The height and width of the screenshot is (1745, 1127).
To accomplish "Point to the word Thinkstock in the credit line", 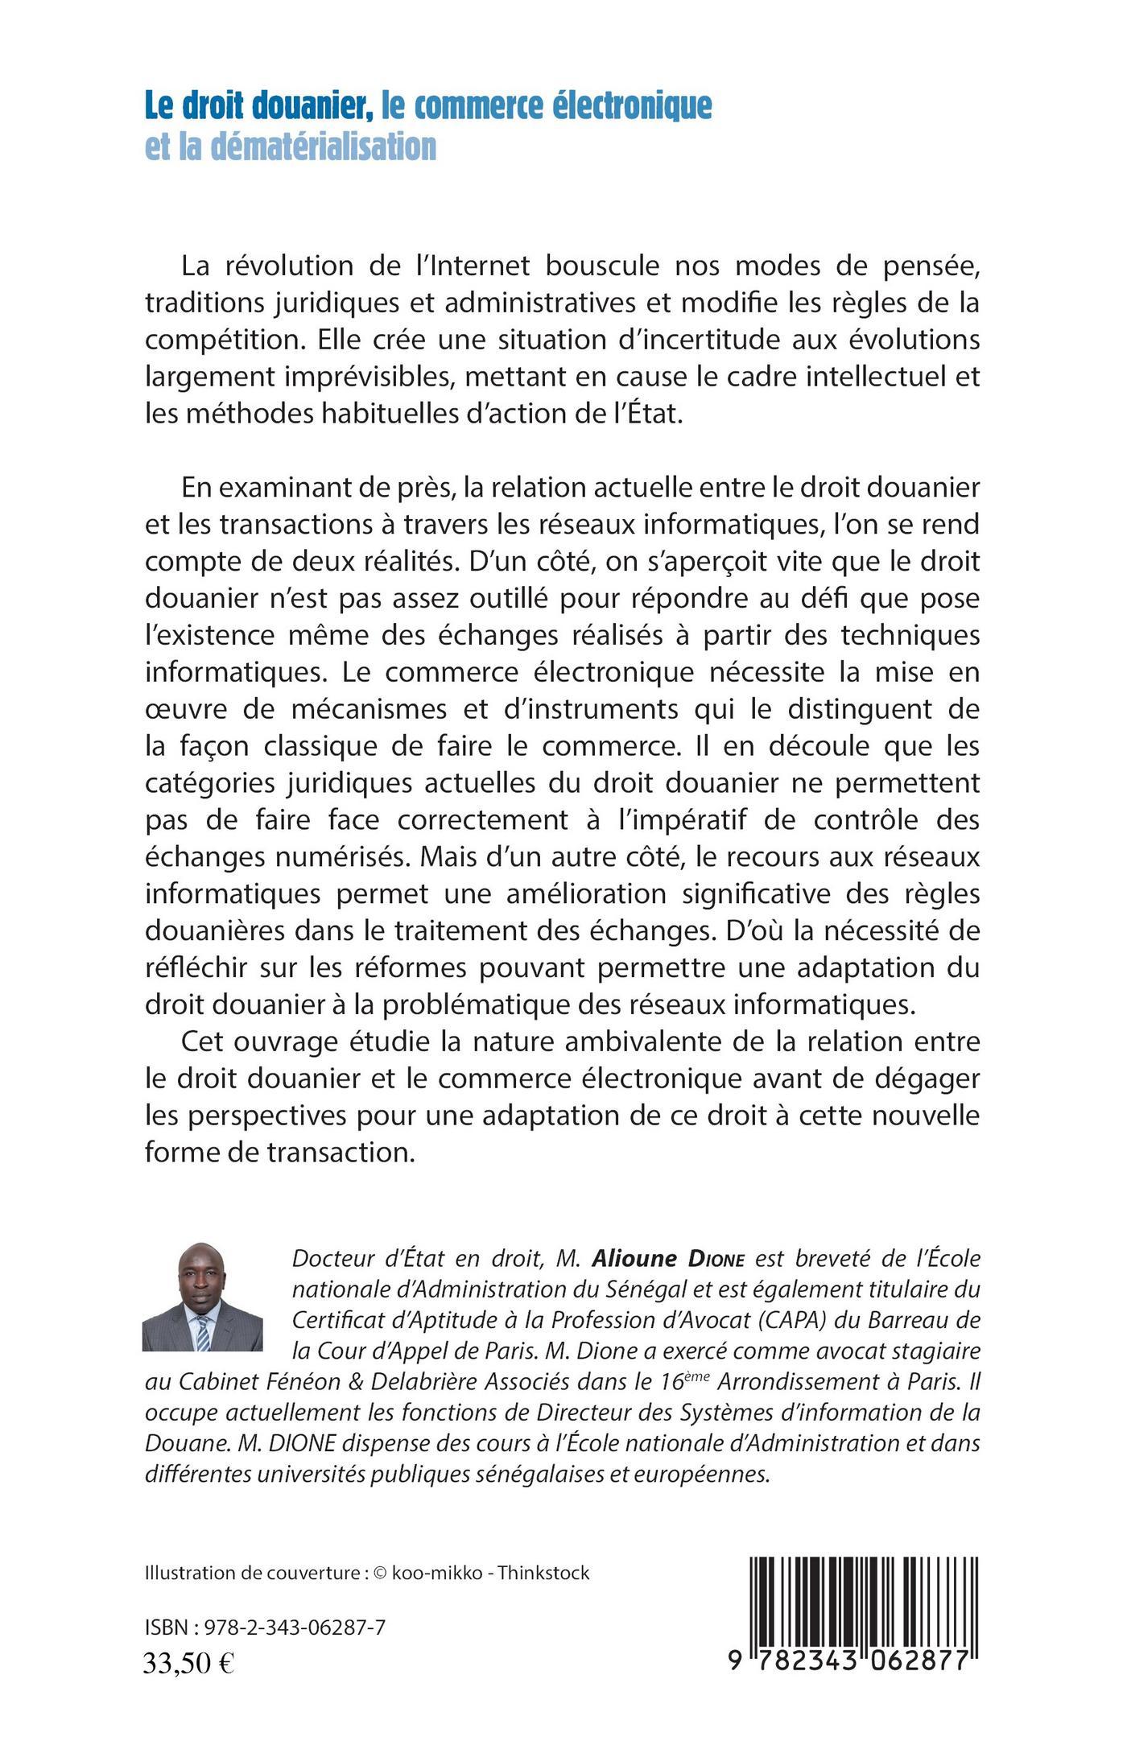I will pyautogui.click(x=543, y=1572).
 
